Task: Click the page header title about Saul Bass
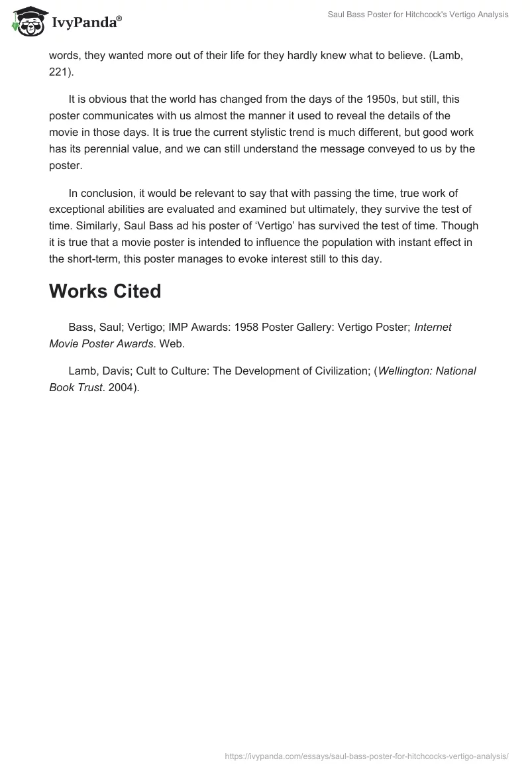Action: [419, 15]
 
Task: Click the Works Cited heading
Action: [105, 292]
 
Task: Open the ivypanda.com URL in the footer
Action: [367, 755]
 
